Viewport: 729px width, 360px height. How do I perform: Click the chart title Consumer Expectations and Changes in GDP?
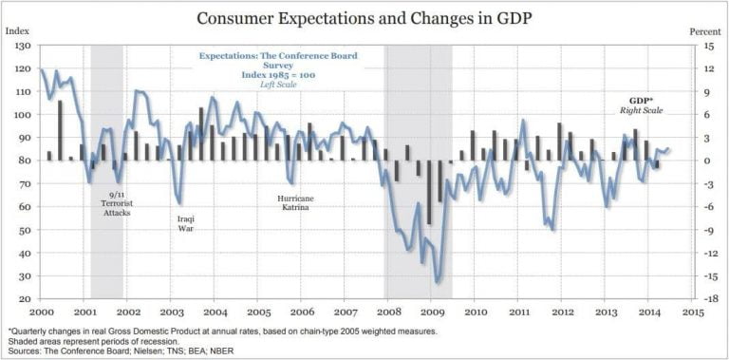pyautogui.click(x=364, y=17)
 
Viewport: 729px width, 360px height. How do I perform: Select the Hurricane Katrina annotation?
pyautogui.click(x=295, y=204)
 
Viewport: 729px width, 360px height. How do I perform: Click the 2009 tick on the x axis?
pyautogui.click(x=432, y=311)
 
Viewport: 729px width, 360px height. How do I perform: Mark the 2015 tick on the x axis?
pyautogui.click(x=692, y=311)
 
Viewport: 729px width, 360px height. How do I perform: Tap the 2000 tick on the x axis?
pyautogui.click(x=41, y=311)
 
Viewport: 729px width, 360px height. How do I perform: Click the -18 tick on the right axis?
pyautogui.click(x=706, y=299)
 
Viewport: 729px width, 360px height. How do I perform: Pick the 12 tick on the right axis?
pyautogui.click(x=706, y=68)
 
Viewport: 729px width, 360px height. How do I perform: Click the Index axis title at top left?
pyautogui.click(x=17, y=30)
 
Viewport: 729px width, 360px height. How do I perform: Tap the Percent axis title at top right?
pyautogui.click(x=705, y=30)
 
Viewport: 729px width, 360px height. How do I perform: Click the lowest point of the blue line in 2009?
pyautogui.click(x=438, y=282)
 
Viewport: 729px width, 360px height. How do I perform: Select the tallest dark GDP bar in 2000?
pyautogui.click(x=60, y=130)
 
